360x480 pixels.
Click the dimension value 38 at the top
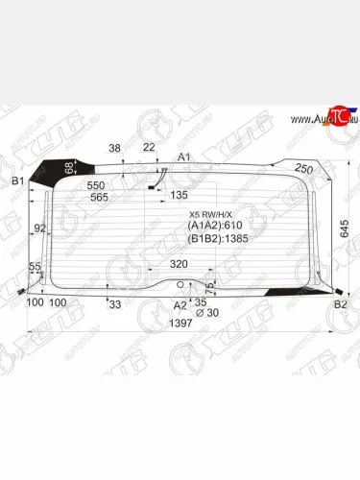click(115, 148)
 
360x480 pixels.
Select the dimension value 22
click(148, 147)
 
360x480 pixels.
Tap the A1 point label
click(184, 156)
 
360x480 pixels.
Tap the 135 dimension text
click(179, 195)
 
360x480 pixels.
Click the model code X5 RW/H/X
click(211, 215)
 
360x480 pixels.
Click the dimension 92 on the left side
click(39, 228)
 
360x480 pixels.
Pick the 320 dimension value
click(179, 262)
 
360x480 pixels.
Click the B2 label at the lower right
click(340, 304)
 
